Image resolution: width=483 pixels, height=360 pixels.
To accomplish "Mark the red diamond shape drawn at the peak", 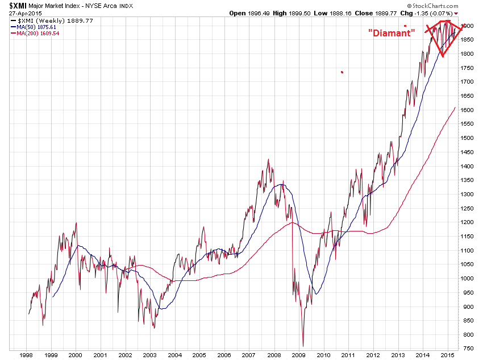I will pyautogui.click(x=444, y=38).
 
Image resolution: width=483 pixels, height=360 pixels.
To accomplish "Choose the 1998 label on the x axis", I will pyautogui.click(x=26, y=355).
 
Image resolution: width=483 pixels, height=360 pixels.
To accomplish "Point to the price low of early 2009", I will pyautogui.click(x=303, y=346).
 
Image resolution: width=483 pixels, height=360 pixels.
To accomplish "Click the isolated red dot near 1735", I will pyautogui.click(x=342, y=72).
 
